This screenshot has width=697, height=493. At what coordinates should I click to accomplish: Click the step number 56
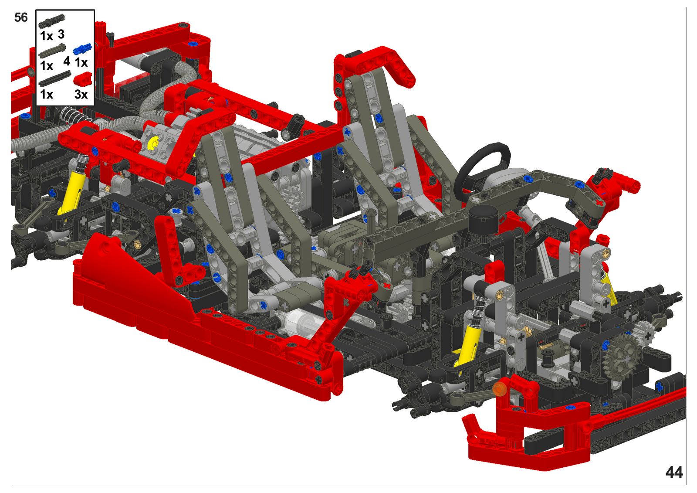coord(21,17)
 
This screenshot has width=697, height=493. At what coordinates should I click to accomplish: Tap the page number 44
coord(674,472)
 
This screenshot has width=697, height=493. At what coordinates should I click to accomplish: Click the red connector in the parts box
coord(83,79)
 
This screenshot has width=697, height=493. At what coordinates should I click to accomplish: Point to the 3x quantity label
coord(81,94)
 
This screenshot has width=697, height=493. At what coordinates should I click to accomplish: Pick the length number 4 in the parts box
coord(67,61)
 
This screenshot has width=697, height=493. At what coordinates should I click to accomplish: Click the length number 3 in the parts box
coord(61,34)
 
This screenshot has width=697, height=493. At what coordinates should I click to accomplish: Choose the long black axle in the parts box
coord(55,78)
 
